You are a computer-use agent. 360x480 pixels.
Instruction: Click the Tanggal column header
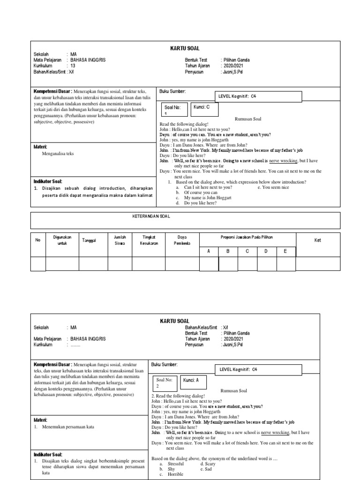tap(89, 240)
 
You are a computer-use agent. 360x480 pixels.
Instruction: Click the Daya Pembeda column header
tap(182, 240)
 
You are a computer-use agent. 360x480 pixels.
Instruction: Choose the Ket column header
tap(318, 240)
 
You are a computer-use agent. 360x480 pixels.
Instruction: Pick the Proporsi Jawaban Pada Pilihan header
tap(247, 237)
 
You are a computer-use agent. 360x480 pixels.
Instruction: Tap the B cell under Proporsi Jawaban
tap(228, 251)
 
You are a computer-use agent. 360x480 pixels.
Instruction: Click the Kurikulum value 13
tap(72, 66)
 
